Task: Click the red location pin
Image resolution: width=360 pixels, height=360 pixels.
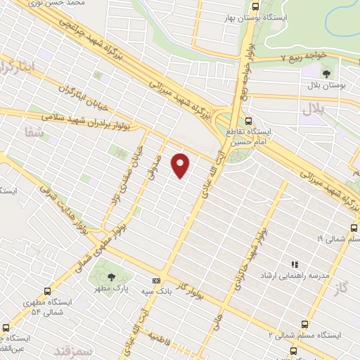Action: point(181,165)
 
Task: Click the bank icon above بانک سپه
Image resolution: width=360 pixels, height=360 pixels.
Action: point(155,281)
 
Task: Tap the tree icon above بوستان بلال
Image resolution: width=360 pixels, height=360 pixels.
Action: point(326,72)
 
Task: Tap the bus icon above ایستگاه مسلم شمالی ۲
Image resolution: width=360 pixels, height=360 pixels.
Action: point(304,324)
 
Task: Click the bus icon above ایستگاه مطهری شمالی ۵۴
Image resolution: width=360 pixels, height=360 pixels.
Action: point(47,290)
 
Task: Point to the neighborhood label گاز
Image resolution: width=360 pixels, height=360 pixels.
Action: point(343,287)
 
